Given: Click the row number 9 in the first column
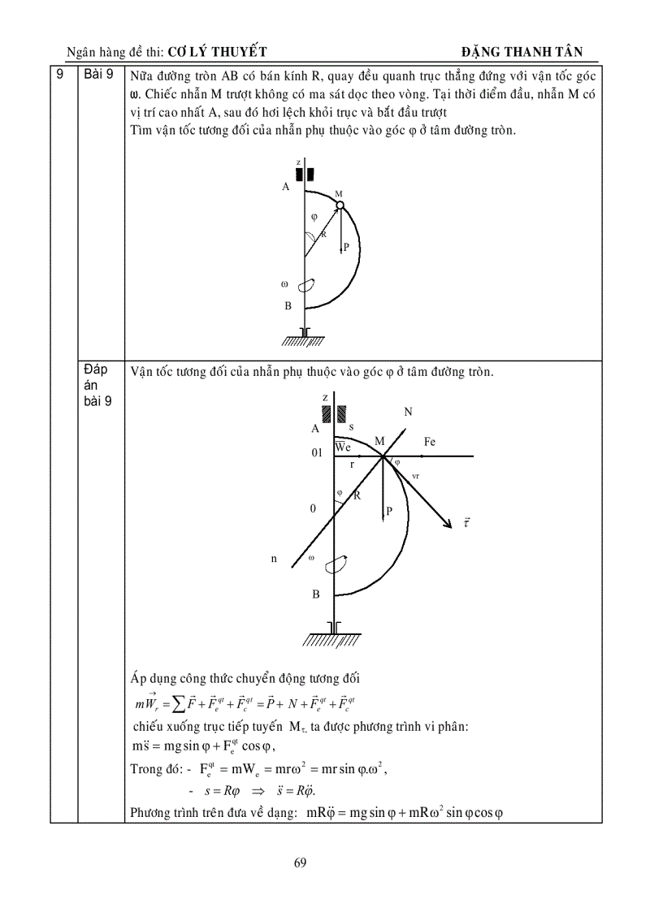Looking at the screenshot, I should point(59,75).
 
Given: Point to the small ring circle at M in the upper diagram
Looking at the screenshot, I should point(340,205).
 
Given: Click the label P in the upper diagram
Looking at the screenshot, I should point(346,248).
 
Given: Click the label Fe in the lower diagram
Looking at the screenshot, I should point(430,442).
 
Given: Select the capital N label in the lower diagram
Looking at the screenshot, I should point(408,413).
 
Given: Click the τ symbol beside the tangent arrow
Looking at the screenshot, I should point(466,524).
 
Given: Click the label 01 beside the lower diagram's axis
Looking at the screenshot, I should point(317,452).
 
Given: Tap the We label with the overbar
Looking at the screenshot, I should point(343,447).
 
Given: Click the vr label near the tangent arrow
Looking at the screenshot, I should point(415,477).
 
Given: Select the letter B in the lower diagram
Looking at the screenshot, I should point(316,594).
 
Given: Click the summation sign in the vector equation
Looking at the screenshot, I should point(172,702).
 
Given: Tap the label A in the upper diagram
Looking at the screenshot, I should point(286,187).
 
